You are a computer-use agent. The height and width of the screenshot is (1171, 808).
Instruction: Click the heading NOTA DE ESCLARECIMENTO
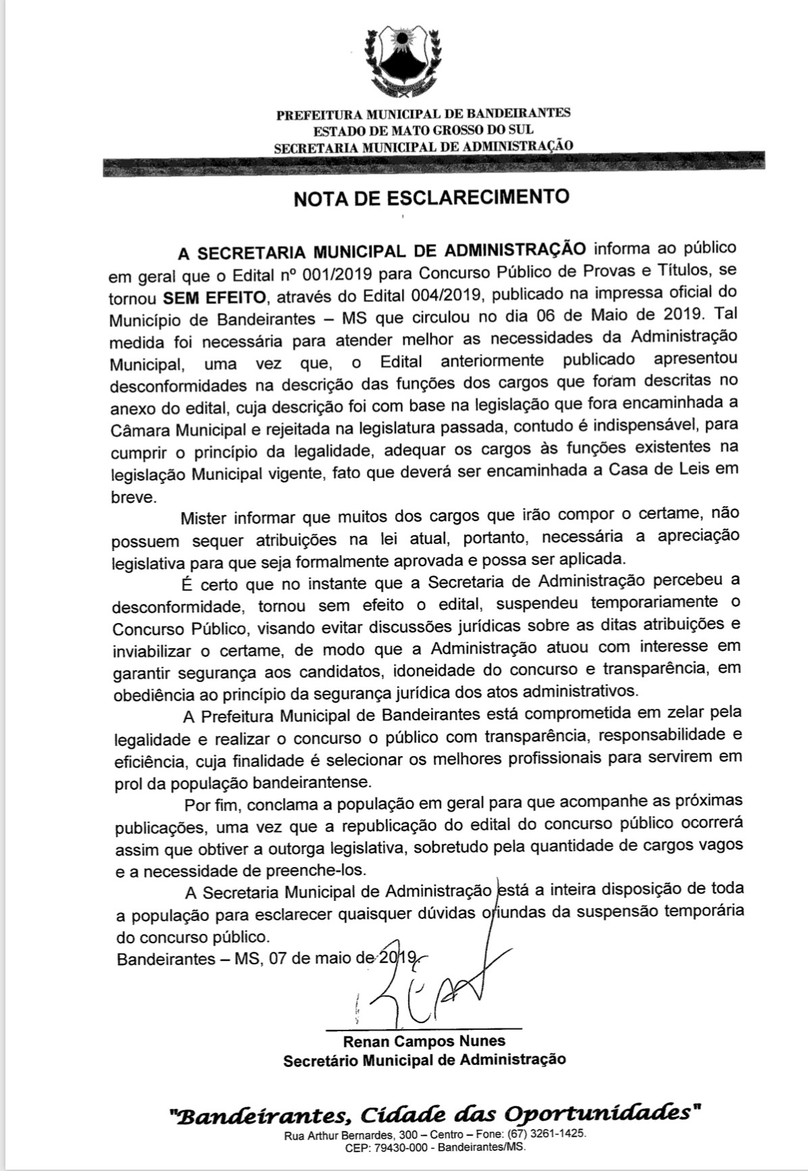pyautogui.click(x=431, y=197)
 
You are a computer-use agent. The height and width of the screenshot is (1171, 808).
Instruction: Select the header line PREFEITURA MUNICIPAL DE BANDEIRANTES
pyautogui.click(x=423, y=114)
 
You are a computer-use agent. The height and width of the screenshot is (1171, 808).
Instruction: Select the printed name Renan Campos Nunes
pyautogui.click(x=424, y=1041)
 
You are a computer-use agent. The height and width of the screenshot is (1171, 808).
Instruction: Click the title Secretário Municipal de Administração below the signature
pyautogui.click(x=424, y=1060)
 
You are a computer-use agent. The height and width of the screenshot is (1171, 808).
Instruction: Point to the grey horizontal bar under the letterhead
pyautogui.click(x=432, y=165)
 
